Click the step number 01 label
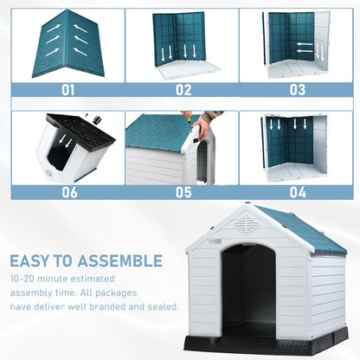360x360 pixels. tap(67, 89)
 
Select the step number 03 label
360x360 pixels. tap(297, 89)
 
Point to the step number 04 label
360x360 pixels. tap(297, 192)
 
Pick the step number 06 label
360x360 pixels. tap(67, 192)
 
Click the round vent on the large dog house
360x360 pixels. tap(247, 225)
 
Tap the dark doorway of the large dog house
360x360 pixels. tap(248, 286)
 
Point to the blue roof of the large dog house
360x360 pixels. tap(303, 229)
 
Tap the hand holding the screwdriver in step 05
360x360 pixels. tap(202, 128)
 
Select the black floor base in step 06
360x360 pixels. tap(82, 130)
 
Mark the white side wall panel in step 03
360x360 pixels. tap(321, 39)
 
